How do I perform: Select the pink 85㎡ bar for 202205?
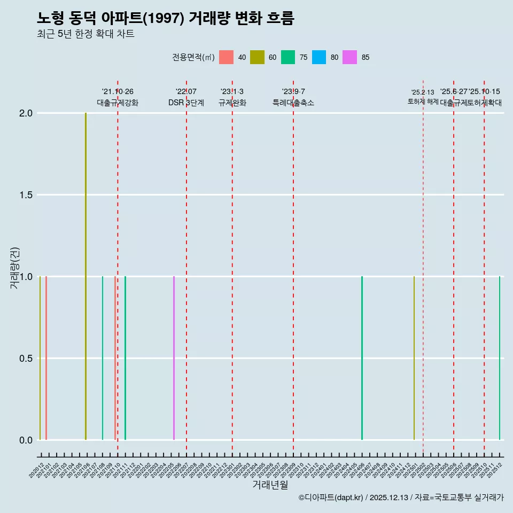pos(174,358)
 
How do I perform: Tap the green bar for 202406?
pos(362,358)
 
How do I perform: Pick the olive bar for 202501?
pos(414,358)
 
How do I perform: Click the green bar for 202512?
pos(500,358)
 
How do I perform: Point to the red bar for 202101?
pos(46,358)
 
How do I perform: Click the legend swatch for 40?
pos(226,57)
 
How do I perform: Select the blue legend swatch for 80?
pos(319,57)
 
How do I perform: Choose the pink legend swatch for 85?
pos(350,57)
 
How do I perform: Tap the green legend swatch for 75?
pos(288,57)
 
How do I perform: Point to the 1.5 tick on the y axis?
pos(26,195)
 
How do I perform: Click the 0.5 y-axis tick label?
pos(26,359)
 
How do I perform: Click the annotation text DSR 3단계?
pos(186,103)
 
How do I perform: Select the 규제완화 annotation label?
pos(232,103)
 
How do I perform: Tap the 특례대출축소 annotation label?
pos(293,103)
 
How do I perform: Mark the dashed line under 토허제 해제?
pos(423,267)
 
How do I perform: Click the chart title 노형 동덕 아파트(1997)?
pos(166,18)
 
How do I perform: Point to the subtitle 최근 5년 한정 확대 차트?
pos(85,34)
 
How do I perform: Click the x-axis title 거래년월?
pos(270,485)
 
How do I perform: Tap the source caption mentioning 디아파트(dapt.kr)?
pos(401,498)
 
